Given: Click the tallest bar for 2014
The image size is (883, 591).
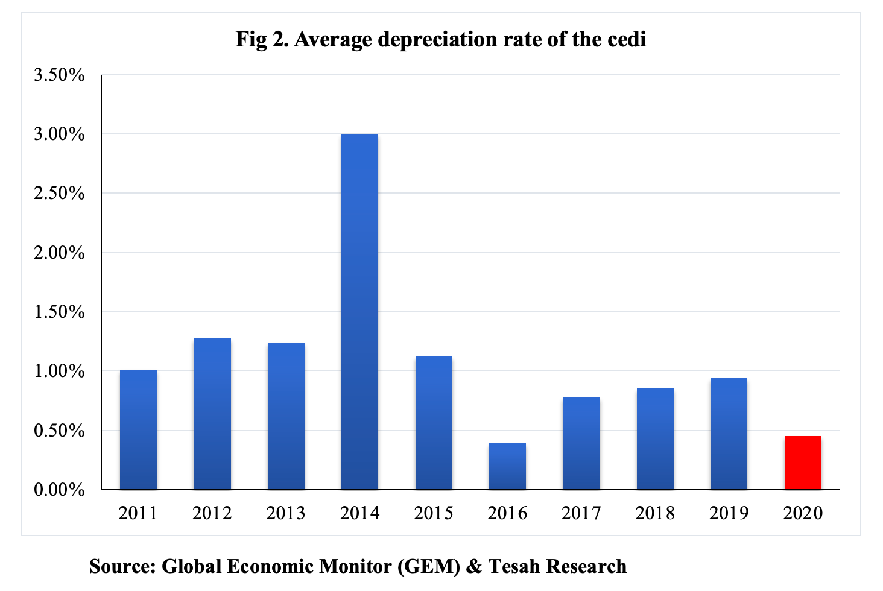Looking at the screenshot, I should pos(359,311).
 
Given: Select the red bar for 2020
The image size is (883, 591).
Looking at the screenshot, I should pos(803,463).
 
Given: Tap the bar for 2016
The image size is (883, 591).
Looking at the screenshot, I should pos(507,466).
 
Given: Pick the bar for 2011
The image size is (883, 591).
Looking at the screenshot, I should pos(138,429).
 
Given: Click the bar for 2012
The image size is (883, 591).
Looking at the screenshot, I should pos(212,414).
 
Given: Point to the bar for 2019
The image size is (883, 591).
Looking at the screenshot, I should pos(729,434).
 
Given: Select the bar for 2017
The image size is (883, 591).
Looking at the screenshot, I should pos(581,443).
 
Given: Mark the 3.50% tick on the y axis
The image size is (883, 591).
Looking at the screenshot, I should pos(59,75).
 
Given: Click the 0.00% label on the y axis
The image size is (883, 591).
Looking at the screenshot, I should pos(59,490).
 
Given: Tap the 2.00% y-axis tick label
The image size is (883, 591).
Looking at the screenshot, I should pos(59,253).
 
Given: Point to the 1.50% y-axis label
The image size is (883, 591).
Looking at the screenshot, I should pos(59,312).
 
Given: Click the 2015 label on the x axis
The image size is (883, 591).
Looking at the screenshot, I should pos(433,513).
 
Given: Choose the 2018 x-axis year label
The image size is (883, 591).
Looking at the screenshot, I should pos(655,513).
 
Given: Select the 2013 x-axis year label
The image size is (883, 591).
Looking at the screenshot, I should pos(286,513).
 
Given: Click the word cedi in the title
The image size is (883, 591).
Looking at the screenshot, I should pos(627,39).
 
